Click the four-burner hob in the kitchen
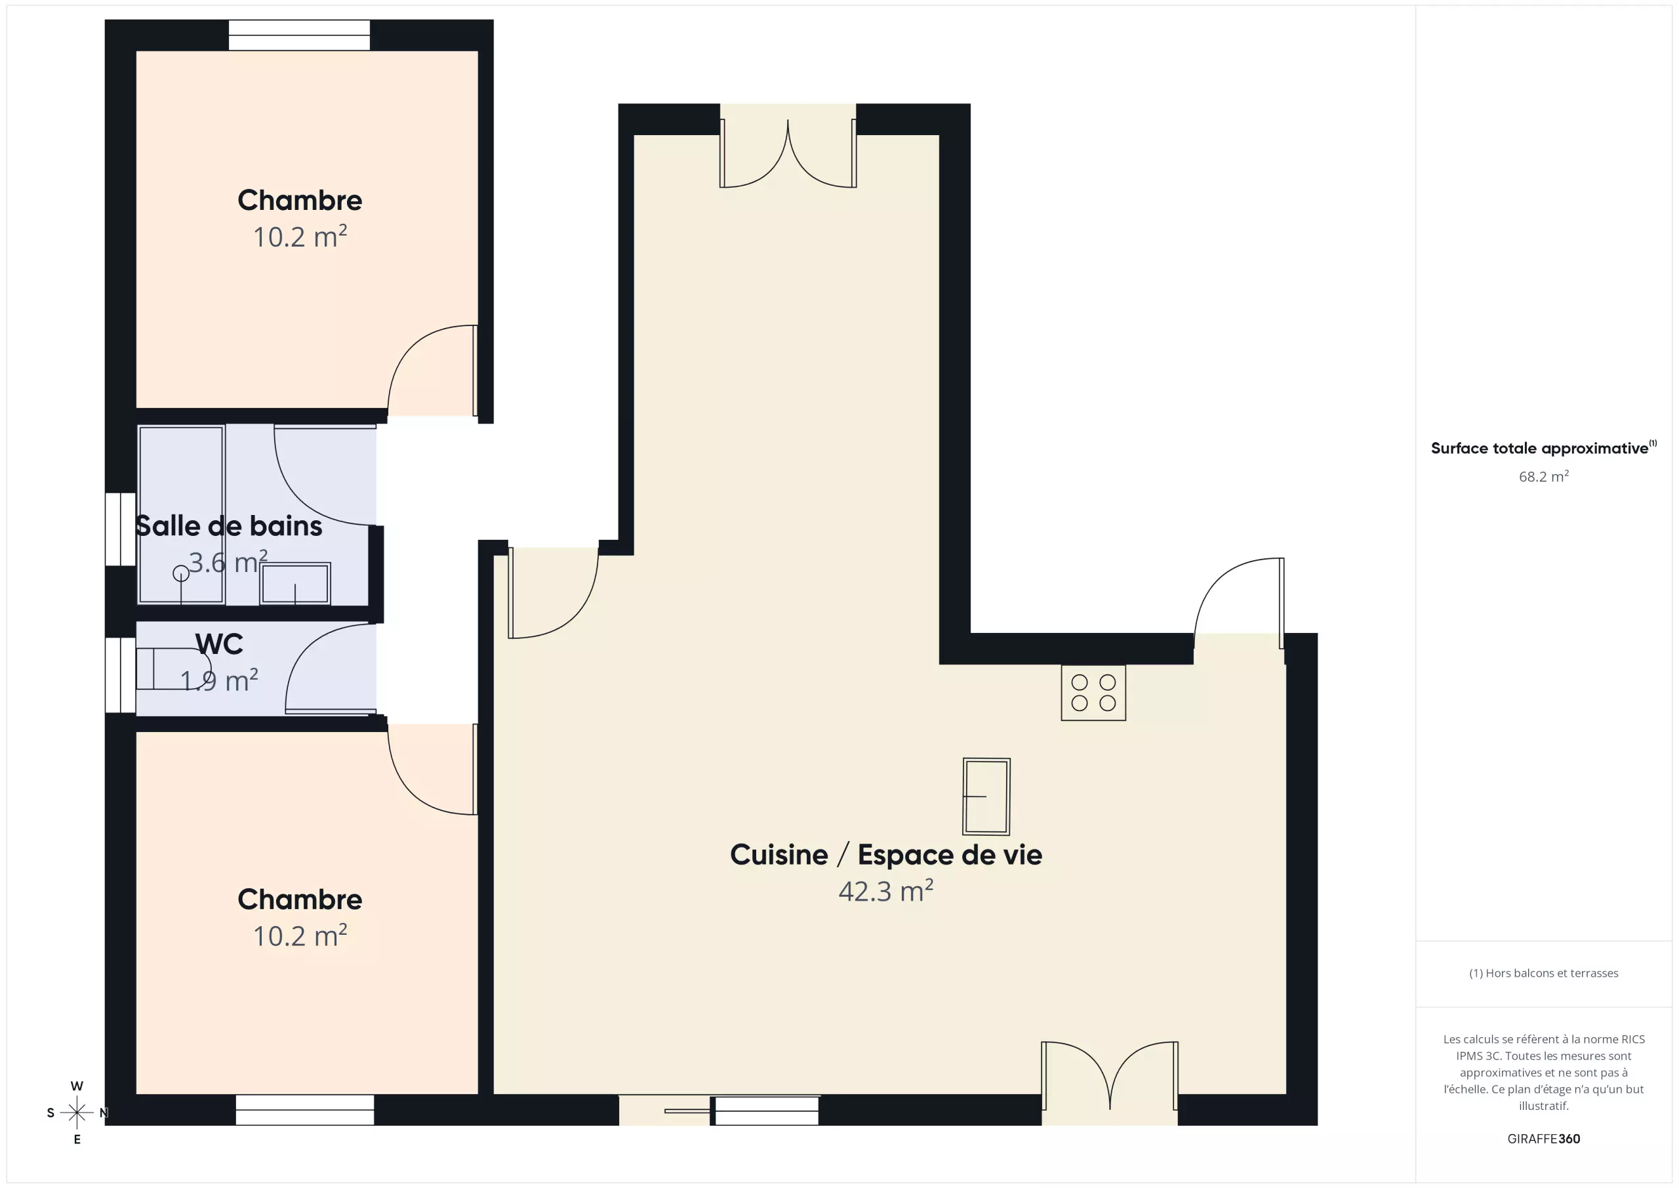pos(1093,693)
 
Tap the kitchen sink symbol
pos(986,796)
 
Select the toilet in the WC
pos(173,668)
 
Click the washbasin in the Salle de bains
pos(294,583)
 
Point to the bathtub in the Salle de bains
pos(182,514)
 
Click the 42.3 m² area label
pos(885,891)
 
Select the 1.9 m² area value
pos(219,680)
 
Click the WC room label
pos(219,644)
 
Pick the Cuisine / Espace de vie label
pos(885,854)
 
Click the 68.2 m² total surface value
pos(1544,477)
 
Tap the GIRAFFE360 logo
pos(1544,1139)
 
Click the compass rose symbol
pos(77,1113)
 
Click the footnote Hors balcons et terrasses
pos(1544,973)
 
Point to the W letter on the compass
pos(77,1086)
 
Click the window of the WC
pos(121,675)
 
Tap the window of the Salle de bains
pos(121,529)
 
